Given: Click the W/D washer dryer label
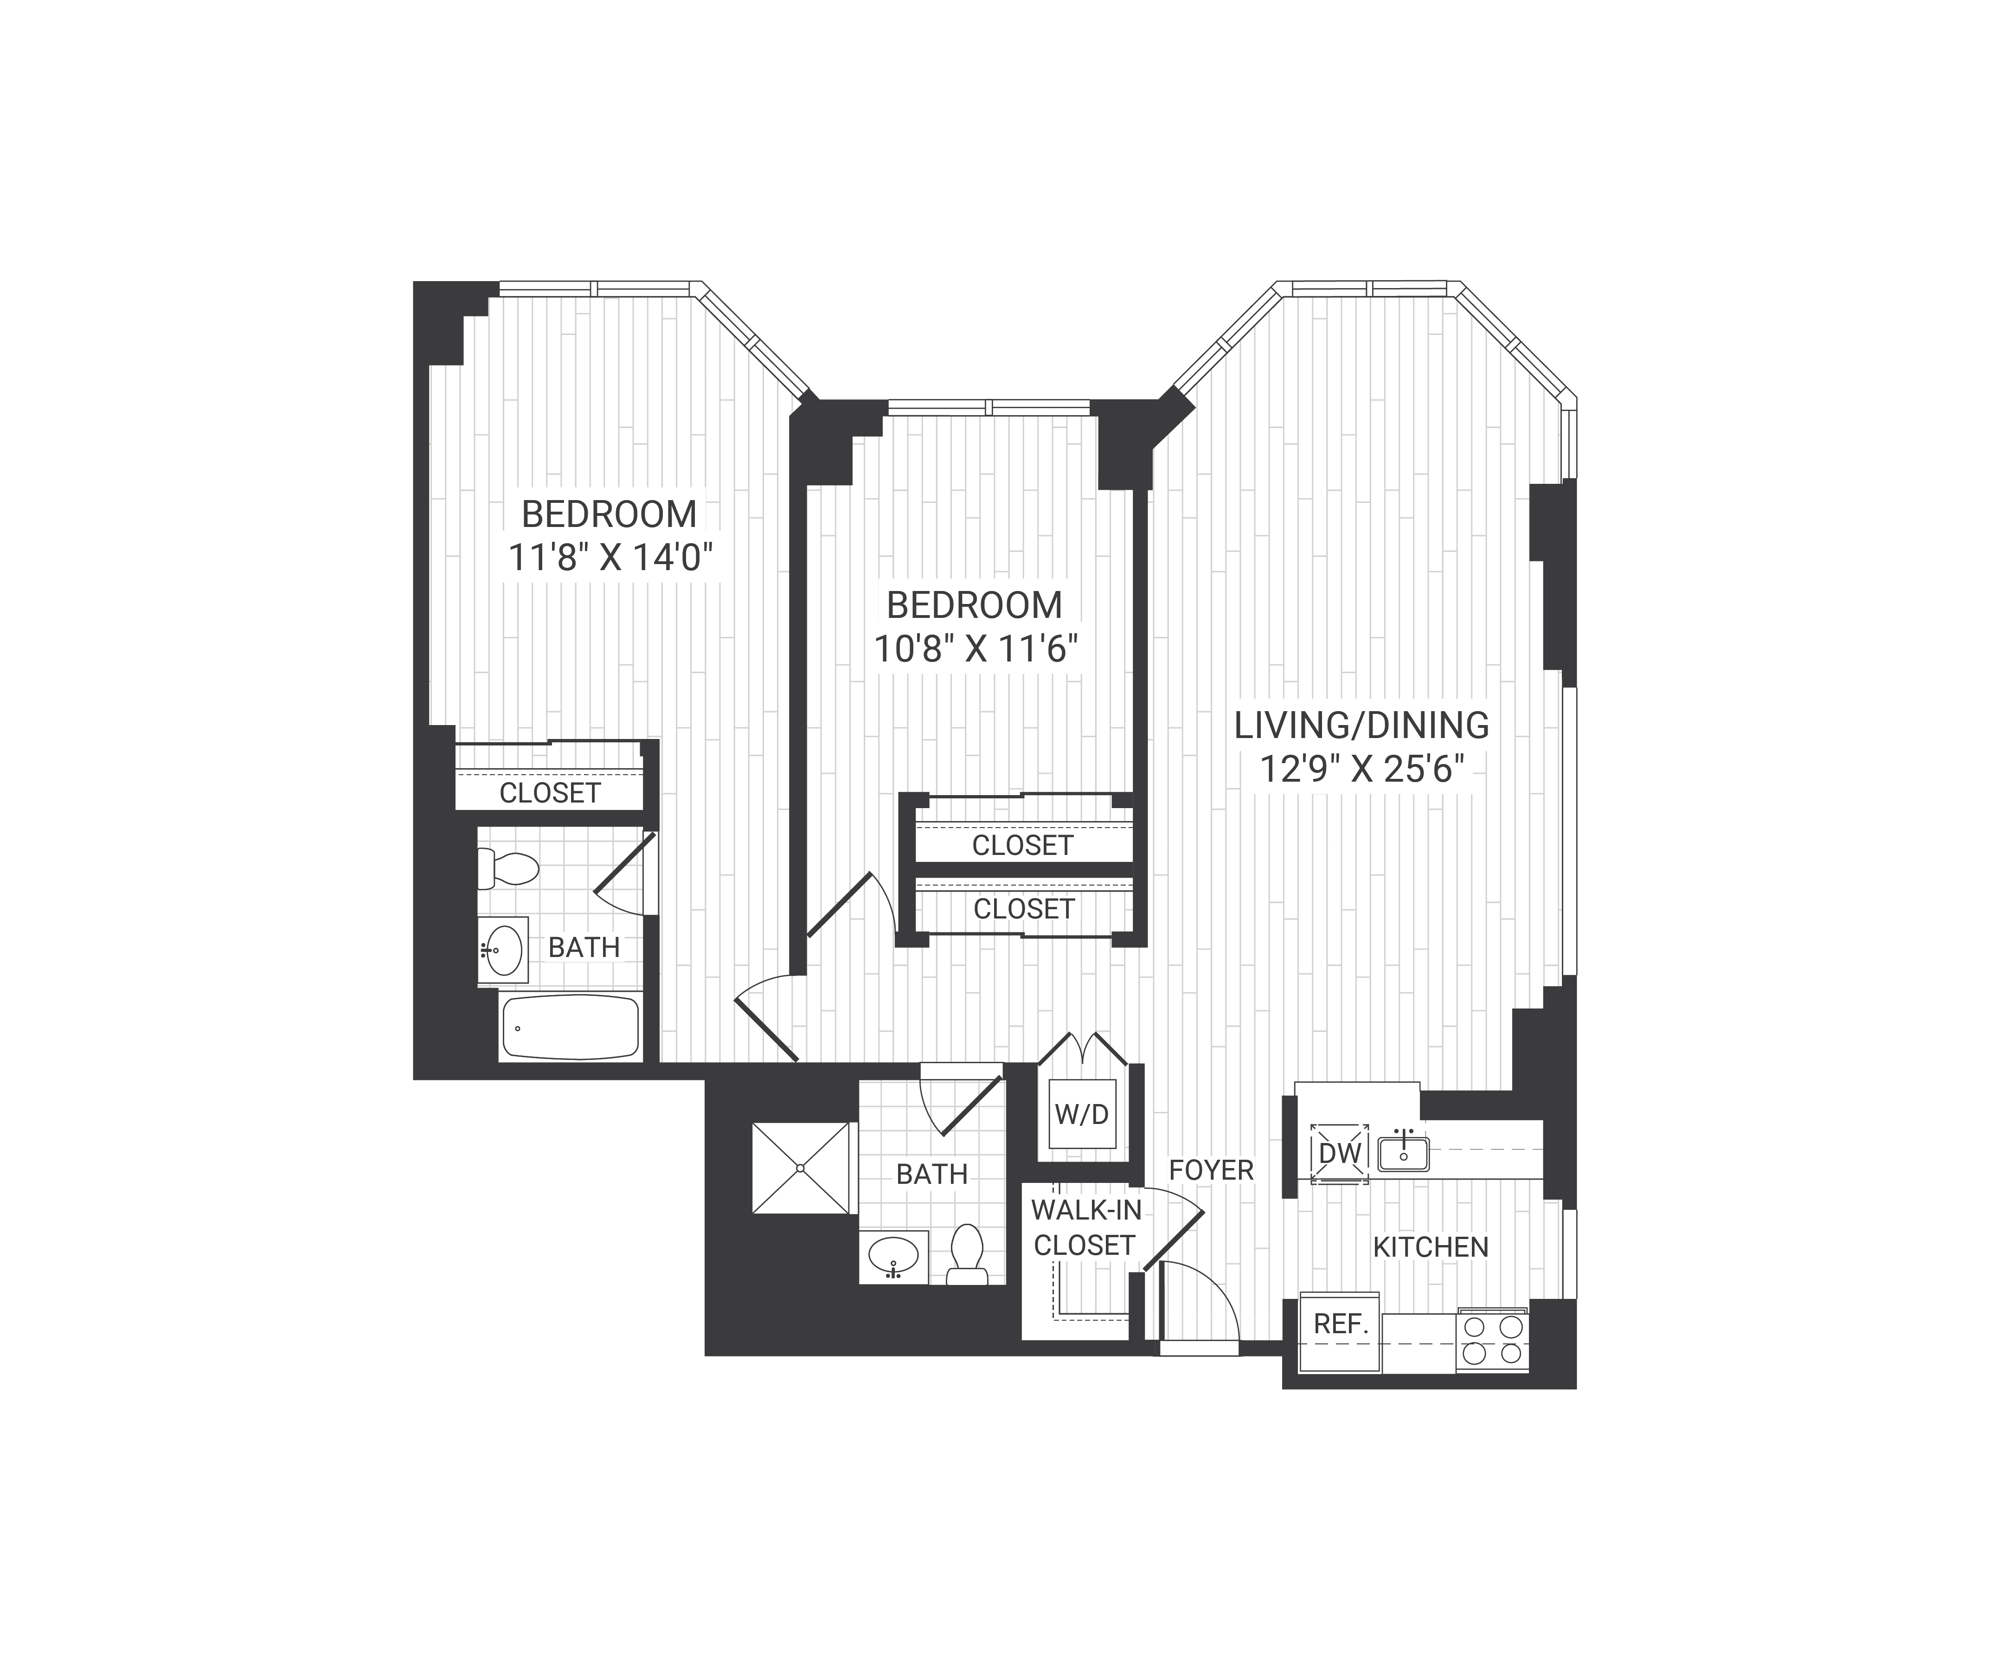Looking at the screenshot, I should pyautogui.click(x=1081, y=1114).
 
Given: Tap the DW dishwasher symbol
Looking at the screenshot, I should pyautogui.click(x=1339, y=1153).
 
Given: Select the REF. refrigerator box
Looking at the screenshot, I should pyautogui.click(x=1340, y=1324).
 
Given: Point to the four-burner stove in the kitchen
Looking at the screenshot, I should pyautogui.click(x=1493, y=1341).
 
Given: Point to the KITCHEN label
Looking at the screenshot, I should pyautogui.click(x=1430, y=1247).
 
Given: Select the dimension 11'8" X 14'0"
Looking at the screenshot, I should pyautogui.click(x=610, y=557).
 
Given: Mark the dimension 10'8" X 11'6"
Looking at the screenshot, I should pyautogui.click(x=975, y=649).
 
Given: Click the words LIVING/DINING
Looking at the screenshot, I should pyautogui.click(x=1361, y=725).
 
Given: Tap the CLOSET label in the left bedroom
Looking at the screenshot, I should pyautogui.click(x=550, y=792).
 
